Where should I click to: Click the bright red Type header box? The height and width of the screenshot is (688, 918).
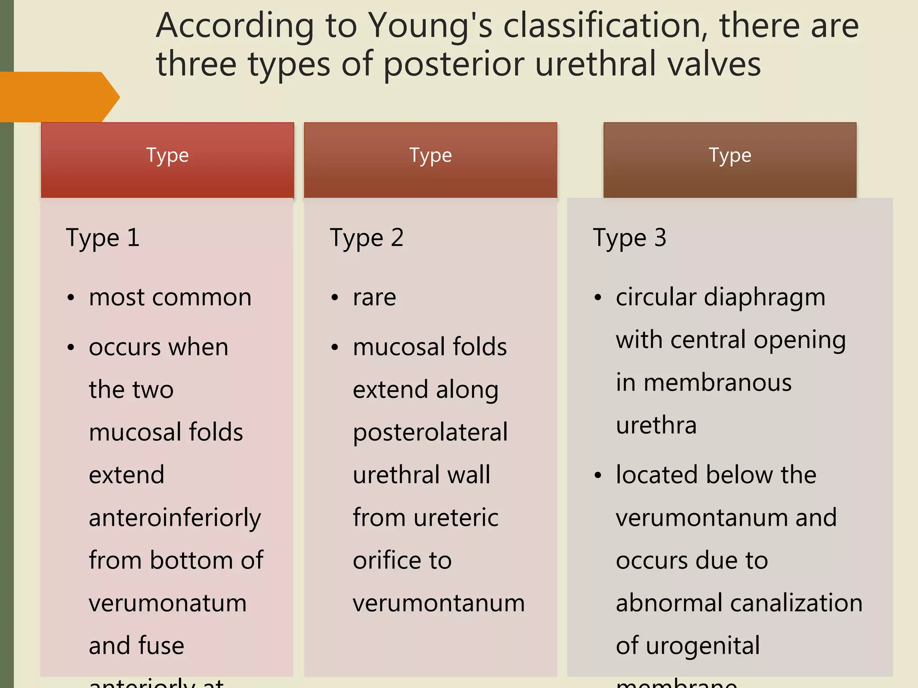coord(167,159)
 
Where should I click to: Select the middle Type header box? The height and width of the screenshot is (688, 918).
coord(430,159)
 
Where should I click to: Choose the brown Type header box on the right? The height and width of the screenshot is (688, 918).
coord(730,159)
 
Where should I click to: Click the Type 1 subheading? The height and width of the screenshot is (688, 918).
coord(103,238)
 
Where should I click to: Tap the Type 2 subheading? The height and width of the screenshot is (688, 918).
coord(367,238)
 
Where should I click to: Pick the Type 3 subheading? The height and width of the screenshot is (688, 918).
coord(629,238)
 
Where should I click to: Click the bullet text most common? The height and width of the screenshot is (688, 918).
coord(170,297)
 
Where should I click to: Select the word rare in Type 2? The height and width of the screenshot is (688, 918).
coord(374,298)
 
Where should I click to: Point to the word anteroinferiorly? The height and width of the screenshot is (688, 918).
coord(175,519)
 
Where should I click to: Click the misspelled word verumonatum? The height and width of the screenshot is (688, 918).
coord(168,603)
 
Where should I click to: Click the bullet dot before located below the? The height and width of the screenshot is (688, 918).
coord(598,475)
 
